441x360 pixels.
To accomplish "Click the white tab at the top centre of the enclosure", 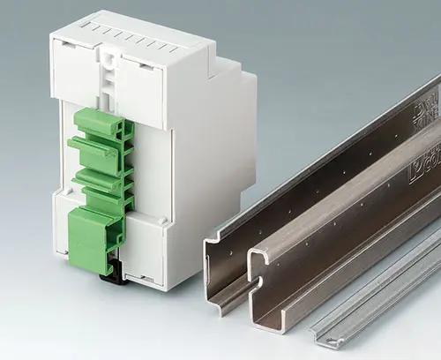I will click(x=109, y=65).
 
